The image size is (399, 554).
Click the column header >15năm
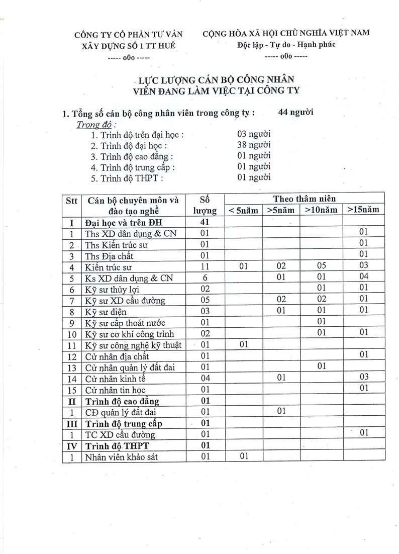point(363,210)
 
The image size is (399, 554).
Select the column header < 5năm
point(243,210)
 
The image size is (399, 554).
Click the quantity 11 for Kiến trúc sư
point(204,266)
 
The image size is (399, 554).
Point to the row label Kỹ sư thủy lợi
point(112,290)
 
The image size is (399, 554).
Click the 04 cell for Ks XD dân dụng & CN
point(364,276)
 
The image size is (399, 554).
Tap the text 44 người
point(295,112)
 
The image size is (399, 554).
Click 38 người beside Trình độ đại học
point(254,145)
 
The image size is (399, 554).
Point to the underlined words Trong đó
point(94,125)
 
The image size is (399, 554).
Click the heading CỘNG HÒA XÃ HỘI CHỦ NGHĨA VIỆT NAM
point(286,33)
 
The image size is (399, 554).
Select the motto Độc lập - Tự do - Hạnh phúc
point(286,44)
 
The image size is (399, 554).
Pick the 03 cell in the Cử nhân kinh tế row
point(364,377)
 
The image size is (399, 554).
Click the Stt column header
point(71,200)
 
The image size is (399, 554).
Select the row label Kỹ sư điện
point(106,312)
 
